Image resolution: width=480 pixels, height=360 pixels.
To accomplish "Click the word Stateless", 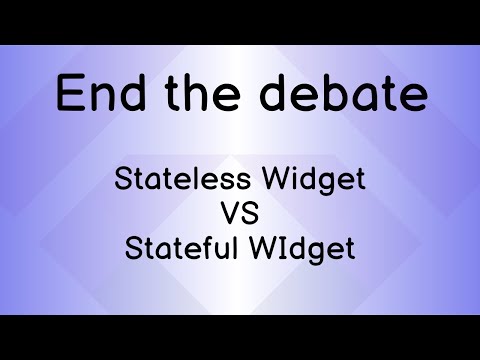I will tap(176, 182).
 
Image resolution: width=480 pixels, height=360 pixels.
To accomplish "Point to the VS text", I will tap(239, 215).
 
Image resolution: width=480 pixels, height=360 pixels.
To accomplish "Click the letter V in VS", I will tap(230, 215).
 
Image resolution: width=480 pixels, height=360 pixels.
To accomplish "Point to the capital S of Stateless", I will tap(124, 182).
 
